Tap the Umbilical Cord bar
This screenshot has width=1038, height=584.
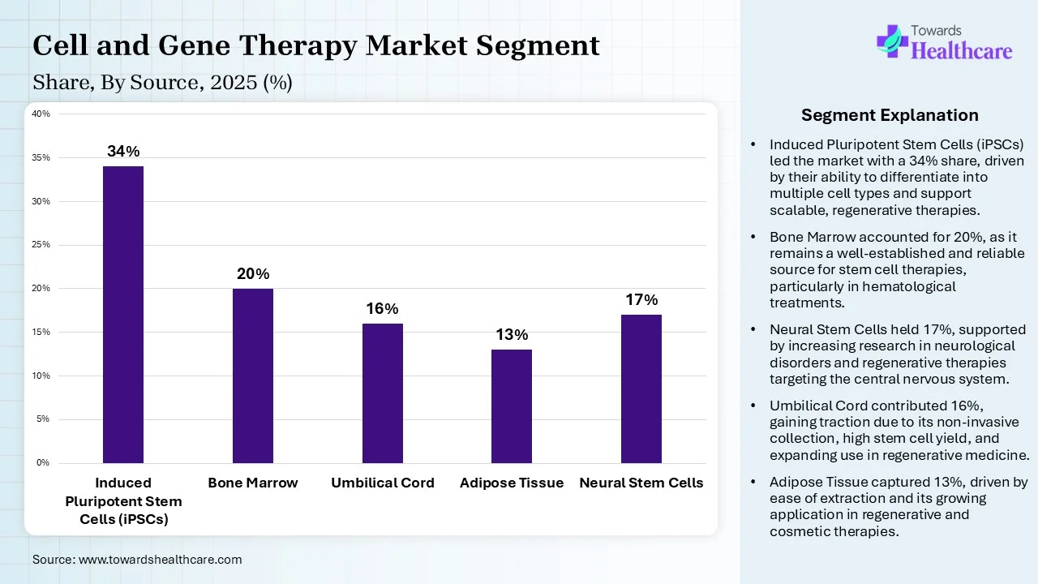click(383, 393)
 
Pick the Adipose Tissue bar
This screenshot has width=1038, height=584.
click(512, 406)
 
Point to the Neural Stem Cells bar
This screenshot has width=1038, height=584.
click(641, 389)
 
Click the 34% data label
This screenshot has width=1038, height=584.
click(123, 152)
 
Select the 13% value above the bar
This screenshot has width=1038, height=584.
click(512, 335)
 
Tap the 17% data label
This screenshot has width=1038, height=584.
click(641, 300)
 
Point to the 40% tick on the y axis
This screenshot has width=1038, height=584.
click(41, 114)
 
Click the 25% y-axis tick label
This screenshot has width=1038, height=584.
click(41, 244)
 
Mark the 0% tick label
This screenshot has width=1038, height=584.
click(42, 462)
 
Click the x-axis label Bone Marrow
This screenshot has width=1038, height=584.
click(253, 483)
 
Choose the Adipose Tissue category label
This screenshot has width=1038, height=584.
click(512, 483)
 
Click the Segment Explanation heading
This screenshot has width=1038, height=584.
click(890, 115)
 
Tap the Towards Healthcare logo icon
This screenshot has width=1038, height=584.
click(892, 40)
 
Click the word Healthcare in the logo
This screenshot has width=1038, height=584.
click(962, 51)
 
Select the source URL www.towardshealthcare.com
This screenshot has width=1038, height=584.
click(160, 560)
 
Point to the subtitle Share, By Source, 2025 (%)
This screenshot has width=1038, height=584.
click(162, 83)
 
